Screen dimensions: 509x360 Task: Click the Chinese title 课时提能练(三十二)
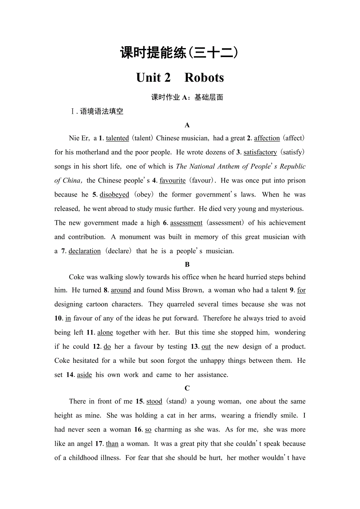tap(180, 53)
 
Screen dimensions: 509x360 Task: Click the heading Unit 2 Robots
tap(180, 77)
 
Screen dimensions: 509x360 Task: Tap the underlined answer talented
tap(117, 138)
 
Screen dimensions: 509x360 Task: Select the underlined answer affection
tap(267, 138)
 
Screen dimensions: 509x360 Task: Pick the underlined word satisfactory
tap(260, 152)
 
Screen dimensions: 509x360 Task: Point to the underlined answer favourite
tap(173, 181)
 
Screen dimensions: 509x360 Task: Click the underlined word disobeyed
tap(114, 195)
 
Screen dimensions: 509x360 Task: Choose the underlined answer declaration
tap(85, 251)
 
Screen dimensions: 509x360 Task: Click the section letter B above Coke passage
tap(187, 265)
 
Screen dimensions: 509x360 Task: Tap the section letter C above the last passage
tap(187, 388)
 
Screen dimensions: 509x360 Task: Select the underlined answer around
tap(121, 290)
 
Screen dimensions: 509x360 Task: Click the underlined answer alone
tap(105, 333)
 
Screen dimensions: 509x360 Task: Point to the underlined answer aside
tap(85, 375)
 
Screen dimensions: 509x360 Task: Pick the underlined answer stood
tap(154, 401)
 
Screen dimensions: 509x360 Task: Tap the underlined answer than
tap(112, 444)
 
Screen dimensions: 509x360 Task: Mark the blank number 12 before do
tap(97, 347)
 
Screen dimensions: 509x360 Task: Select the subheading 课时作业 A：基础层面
tap(187, 97)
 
